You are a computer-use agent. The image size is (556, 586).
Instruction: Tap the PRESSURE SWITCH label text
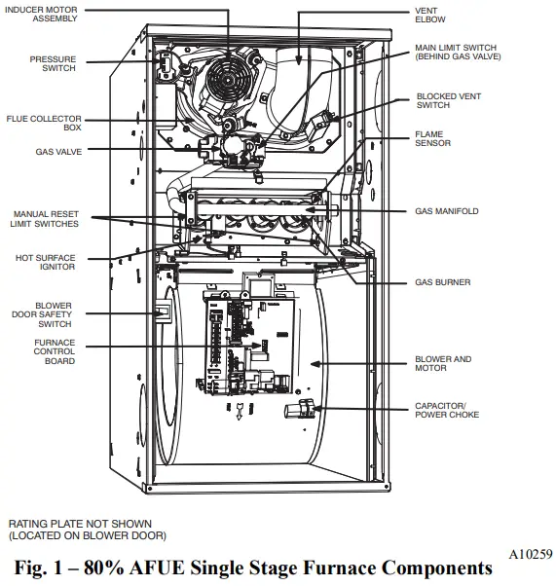53,64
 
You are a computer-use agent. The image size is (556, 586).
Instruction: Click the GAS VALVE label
58,152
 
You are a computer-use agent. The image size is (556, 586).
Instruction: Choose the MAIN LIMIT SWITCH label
454,52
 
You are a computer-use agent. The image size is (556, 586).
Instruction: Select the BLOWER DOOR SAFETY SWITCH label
54,315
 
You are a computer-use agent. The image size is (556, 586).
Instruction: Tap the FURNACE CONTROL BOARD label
55,353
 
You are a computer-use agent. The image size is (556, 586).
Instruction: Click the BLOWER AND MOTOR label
443,363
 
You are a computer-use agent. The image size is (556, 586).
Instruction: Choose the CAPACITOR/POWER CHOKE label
446,410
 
